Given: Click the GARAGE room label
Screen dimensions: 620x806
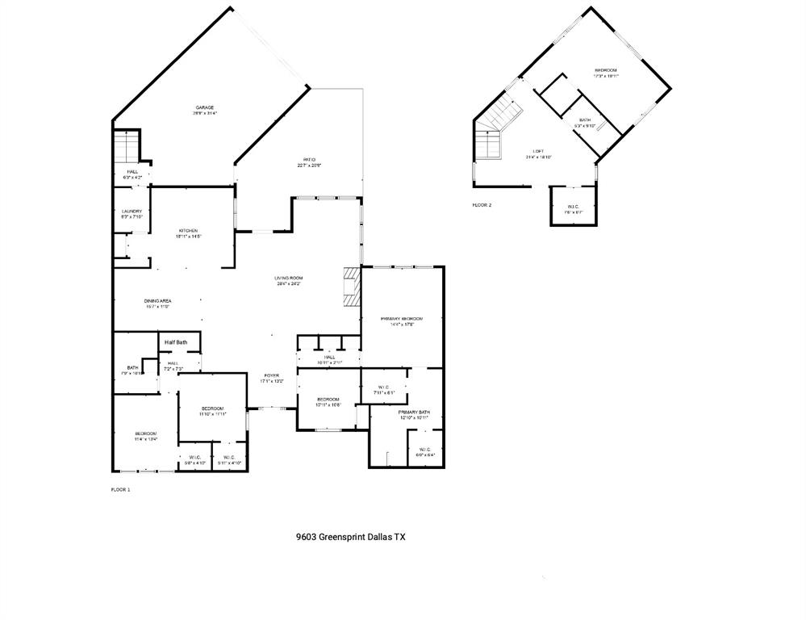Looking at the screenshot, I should (x=203, y=107).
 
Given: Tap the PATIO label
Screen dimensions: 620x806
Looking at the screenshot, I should (x=309, y=160).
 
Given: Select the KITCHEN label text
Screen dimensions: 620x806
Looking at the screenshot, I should (x=188, y=231).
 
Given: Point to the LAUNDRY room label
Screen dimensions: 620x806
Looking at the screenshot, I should (x=132, y=212).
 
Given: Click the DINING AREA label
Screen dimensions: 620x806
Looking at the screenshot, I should (x=157, y=300).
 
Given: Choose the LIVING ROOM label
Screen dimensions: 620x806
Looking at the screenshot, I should (x=289, y=279).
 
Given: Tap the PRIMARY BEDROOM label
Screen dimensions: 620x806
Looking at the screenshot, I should (x=401, y=319).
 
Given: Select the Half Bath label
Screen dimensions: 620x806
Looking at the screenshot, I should (x=176, y=342).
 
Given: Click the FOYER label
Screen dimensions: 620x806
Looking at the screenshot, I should (x=271, y=376).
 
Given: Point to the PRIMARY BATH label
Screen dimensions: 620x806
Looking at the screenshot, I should (x=413, y=413).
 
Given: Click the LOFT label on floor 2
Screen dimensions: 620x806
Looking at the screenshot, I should (x=538, y=152).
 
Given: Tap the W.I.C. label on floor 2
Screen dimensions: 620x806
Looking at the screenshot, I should (x=574, y=207).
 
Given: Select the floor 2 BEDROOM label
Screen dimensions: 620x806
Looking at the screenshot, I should (x=606, y=71).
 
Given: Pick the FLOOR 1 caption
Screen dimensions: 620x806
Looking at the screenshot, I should (x=120, y=489).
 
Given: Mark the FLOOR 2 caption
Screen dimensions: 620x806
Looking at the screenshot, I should (x=482, y=205).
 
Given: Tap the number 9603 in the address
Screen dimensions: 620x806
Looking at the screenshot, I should (x=307, y=536).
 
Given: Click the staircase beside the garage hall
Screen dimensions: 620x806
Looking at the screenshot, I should (x=127, y=149).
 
